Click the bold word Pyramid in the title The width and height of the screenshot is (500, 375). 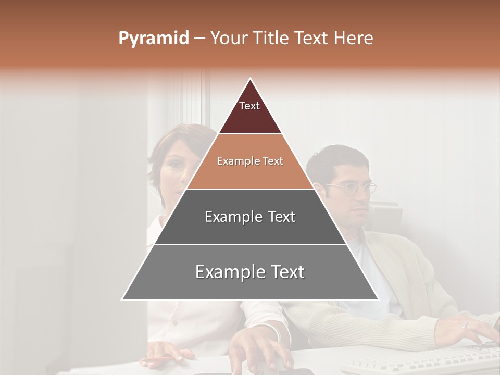(x=154, y=39)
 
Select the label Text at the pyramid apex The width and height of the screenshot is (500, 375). (x=249, y=106)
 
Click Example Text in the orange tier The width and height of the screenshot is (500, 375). (x=250, y=161)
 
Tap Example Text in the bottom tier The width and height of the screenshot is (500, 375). (x=250, y=272)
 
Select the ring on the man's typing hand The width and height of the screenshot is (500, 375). (x=466, y=325)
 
